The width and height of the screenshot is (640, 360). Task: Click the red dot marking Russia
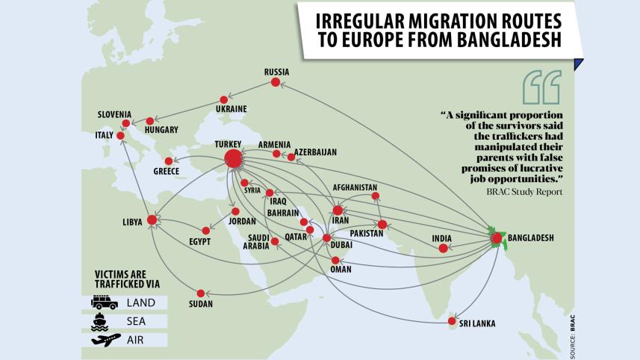click(275, 83)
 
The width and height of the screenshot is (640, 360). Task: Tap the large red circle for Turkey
click(234, 158)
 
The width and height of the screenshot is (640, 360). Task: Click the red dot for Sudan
click(201, 294)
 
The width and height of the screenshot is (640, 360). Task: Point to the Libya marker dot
click(152, 220)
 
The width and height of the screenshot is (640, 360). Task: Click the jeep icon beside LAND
click(105, 302)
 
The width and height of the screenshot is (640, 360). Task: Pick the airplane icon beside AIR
click(104, 341)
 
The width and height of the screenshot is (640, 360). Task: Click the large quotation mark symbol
click(541, 87)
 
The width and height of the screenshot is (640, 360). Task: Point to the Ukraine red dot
click(223, 99)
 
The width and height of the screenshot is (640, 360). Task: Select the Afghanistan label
click(355, 187)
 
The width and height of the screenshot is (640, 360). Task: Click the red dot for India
click(443, 248)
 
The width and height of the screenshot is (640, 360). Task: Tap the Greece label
click(167, 171)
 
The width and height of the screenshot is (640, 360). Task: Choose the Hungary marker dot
click(150, 120)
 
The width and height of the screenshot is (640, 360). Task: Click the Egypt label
click(200, 241)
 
